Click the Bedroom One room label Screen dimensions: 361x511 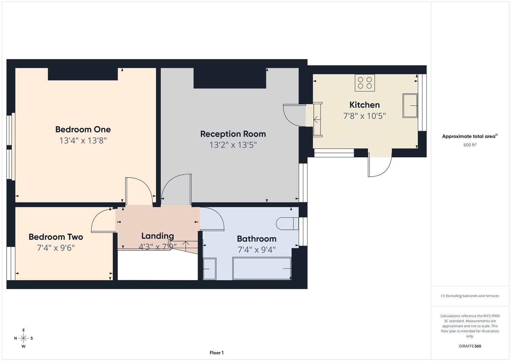(83, 129)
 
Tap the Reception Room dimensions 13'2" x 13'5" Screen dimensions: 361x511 (233, 145)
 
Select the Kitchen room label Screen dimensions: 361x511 (364, 105)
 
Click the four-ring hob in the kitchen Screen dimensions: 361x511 (365, 83)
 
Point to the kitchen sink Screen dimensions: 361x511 (410, 106)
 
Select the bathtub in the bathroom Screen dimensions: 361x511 (262, 268)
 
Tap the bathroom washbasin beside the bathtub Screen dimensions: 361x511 (210, 268)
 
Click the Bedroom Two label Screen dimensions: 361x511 (56, 237)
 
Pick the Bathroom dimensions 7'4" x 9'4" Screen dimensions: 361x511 (256, 250)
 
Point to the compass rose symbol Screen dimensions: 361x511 (23, 338)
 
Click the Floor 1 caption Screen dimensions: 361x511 (217, 353)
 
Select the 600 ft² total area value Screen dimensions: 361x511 (470, 145)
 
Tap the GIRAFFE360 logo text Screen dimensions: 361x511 (470, 346)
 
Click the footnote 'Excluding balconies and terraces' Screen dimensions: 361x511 (470, 296)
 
